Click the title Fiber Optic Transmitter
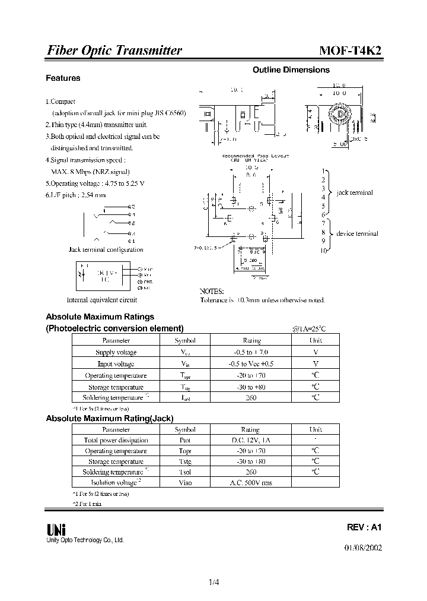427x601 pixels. (114, 50)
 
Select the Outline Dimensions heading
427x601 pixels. (291, 70)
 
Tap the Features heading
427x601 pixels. (63, 78)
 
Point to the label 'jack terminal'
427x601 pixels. (355, 192)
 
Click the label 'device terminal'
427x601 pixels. (357, 233)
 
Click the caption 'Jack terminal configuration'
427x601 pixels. (106, 250)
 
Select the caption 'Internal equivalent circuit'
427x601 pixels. (102, 300)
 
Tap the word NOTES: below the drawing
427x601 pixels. (212, 291)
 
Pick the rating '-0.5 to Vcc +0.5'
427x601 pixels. (251, 363)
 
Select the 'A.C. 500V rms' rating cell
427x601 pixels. (251, 483)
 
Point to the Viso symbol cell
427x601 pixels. (185, 483)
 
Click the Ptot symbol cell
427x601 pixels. (185, 440)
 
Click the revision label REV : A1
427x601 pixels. (364, 527)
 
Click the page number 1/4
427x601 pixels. (213, 583)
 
